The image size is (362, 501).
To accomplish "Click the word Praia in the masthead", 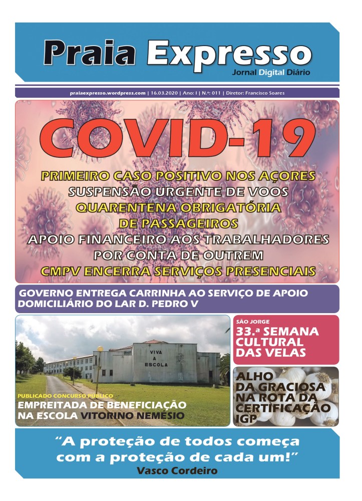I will click(x=93, y=52).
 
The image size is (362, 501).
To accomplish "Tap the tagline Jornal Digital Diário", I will click(x=270, y=72).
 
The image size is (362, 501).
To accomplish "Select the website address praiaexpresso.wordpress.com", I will click(x=108, y=93).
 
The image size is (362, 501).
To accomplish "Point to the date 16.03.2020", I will click(x=164, y=93).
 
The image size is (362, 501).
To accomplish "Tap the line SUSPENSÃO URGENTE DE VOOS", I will click(x=177, y=192).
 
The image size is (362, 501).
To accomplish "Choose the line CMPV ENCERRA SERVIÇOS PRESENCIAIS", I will click(x=177, y=272).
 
